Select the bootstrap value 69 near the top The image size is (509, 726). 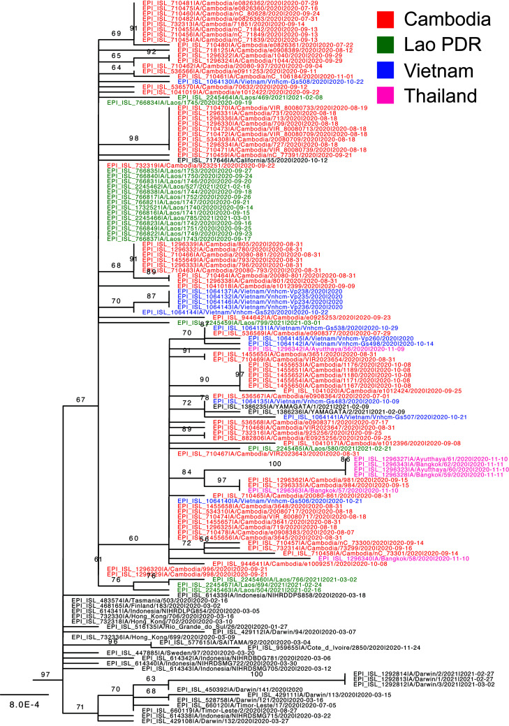[x=116, y=34]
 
